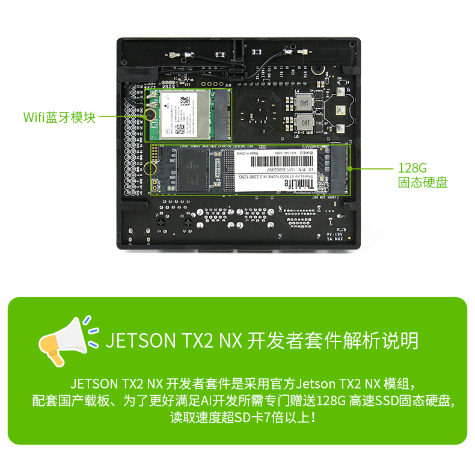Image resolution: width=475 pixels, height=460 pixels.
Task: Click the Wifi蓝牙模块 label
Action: [59, 117]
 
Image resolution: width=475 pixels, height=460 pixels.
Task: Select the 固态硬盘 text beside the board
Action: [423, 183]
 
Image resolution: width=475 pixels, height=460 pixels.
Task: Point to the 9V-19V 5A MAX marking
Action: [334, 236]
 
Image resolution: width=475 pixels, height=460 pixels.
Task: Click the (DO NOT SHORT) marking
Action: [328, 197]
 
